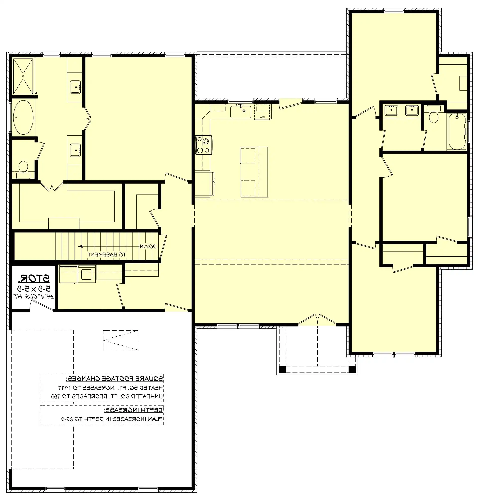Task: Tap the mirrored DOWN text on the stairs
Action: point(148,246)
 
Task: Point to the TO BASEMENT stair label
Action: point(106,254)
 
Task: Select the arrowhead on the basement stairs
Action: point(80,246)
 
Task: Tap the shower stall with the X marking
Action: point(23,76)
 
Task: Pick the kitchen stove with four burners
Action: point(203,145)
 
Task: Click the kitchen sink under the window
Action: point(241,112)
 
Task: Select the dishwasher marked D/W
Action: point(263,112)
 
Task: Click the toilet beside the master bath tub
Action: point(23,167)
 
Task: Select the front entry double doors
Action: point(317,320)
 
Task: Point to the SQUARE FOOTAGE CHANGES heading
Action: point(114,379)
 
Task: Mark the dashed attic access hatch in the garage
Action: point(120,340)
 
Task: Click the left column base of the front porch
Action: point(282,369)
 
